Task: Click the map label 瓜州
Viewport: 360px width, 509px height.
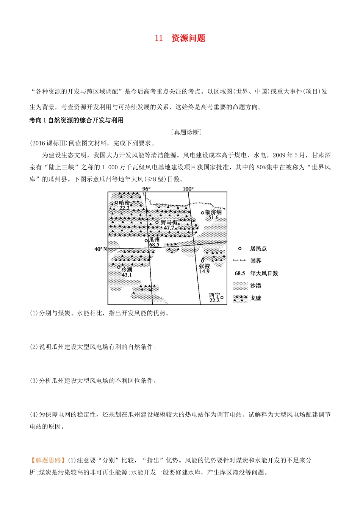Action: click(x=154, y=240)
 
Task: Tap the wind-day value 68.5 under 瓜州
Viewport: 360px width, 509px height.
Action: click(x=154, y=245)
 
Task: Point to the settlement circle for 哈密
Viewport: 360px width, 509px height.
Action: click(x=116, y=202)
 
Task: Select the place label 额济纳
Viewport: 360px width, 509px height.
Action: click(x=214, y=212)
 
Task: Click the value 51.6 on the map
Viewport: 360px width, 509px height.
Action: click(x=213, y=218)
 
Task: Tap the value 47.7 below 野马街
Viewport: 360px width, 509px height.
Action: click(x=169, y=228)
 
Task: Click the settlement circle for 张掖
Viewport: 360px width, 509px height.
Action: click(x=202, y=261)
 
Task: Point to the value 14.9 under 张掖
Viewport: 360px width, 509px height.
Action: click(x=204, y=271)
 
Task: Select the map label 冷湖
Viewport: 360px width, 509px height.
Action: click(x=127, y=269)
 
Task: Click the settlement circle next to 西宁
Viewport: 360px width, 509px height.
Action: click(x=222, y=298)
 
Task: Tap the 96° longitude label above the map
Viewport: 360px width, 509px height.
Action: click(x=146, y=189)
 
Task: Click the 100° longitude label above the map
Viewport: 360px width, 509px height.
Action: click(x=188, y=189)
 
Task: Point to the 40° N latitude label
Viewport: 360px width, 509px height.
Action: click(x=100, y=249)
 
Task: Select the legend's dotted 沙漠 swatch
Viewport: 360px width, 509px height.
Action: click(x=240, y=286)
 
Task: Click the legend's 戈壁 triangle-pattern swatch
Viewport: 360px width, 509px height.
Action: click(x=240, y=298)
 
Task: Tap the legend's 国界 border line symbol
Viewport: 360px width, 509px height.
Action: click(x=239, y=261)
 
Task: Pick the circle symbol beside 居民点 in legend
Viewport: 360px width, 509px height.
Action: click(x=239, y=248)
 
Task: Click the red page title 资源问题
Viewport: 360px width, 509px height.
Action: click(x=188, y=38)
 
